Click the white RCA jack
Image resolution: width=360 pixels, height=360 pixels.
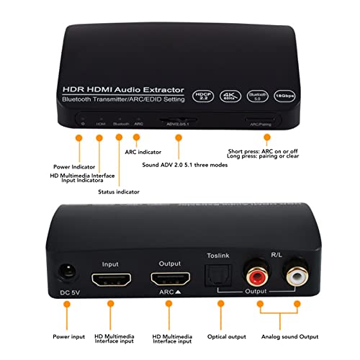pos(295,276)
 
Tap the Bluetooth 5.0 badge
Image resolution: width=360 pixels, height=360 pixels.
pos(258,94)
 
